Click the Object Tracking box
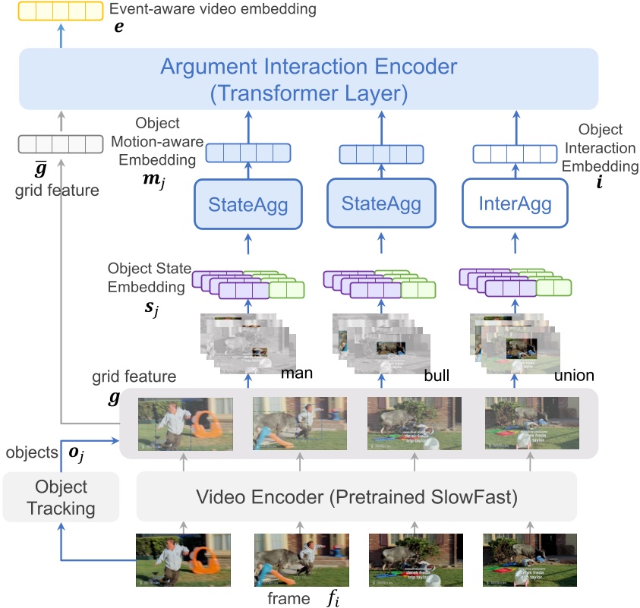61,497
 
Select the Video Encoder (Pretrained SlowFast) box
357,497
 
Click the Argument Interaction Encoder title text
308,67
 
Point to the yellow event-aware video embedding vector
60,11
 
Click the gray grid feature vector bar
60,143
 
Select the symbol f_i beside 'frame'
332,598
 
